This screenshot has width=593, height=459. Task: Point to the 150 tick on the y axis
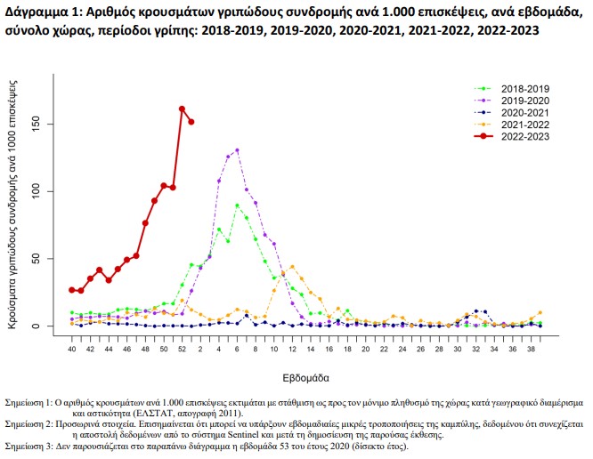pos(50,124)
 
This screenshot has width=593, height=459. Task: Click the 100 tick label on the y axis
pos(50,191)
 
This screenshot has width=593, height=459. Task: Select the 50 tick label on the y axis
pos(50,259)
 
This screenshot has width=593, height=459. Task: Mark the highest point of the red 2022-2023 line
pos(182,109)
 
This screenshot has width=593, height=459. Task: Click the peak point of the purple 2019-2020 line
pos(237,150)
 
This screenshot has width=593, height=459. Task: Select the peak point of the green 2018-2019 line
pos(237,205)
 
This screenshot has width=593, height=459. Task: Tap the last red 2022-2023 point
pos(191,122)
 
